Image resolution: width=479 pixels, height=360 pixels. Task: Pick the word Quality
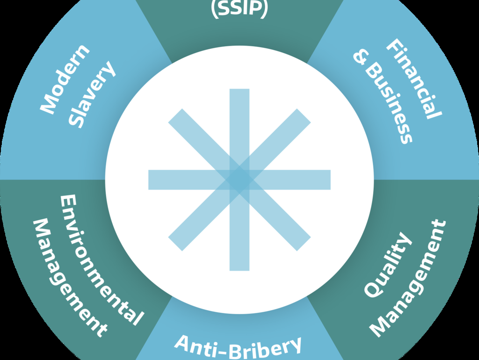pyautogui.click(x=388, y=265)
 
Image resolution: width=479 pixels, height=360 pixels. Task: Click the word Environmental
pyautogui.click(x=100, y=260)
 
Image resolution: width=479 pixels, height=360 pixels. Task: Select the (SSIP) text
pyautogui.click(x=239, y=9)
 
